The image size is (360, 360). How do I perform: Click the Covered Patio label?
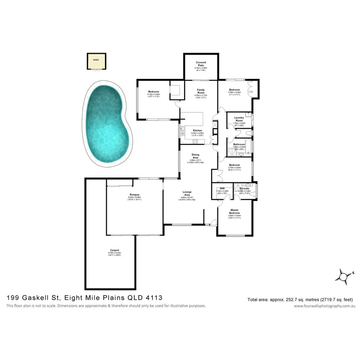coord(201,64)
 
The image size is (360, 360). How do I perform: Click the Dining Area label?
coord(195,156)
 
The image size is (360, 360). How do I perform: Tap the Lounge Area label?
coord(187,193)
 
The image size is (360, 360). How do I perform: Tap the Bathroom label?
coord(239,144)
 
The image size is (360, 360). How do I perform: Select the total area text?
coord(301,299)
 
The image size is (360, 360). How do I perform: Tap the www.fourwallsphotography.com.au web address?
coord(324,306)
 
